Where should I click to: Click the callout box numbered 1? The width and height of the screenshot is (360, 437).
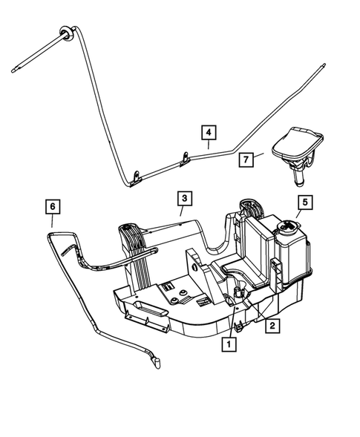[x=229, y=344]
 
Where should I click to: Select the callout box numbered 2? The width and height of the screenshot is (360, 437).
[x=274, y=325]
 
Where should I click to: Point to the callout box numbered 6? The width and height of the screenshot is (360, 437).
[x=51, y=204]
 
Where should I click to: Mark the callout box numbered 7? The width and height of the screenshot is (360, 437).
[x=246, y=158]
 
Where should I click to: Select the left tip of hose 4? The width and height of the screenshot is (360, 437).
[x=16, y=72]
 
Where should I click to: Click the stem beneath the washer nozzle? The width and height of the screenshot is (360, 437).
[x=295, y=177]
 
